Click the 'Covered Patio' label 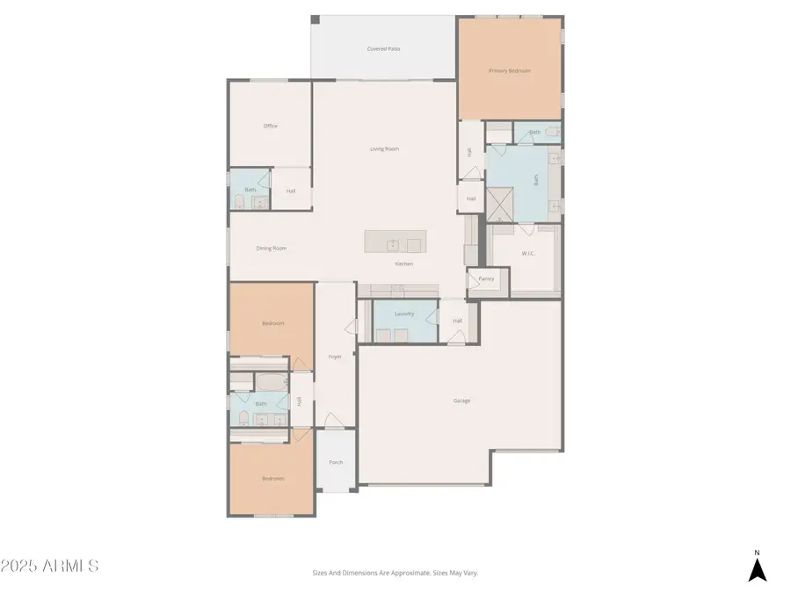pos(383,48)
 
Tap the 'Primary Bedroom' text pos(510,70)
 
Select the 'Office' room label pos(271,126)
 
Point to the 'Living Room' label pos(384,148)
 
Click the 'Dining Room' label pos(272,248)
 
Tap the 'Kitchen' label pos(403,264)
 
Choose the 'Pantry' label pos(486,278)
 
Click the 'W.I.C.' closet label pos(529,255)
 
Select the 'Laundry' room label pos(404,314)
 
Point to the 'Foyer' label pos(335,356)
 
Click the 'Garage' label pos(461,401)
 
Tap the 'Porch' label pos(336,462)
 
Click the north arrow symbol pos(757,570)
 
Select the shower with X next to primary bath pos(502,205)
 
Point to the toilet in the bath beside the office pos(240,202)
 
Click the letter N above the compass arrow pos(757,553)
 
